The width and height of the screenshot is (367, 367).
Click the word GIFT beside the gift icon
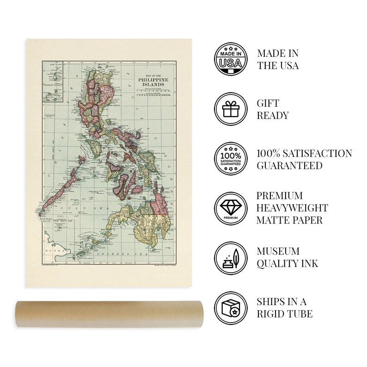(268, 103)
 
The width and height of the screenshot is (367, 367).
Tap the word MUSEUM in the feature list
(279, 251)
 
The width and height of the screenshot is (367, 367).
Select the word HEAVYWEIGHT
(293, 208)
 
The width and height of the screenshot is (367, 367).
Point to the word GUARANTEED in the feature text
(290, 165)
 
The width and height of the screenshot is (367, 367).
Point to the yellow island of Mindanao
(139, 226)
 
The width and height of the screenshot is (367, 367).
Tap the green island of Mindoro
(97, 148)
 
